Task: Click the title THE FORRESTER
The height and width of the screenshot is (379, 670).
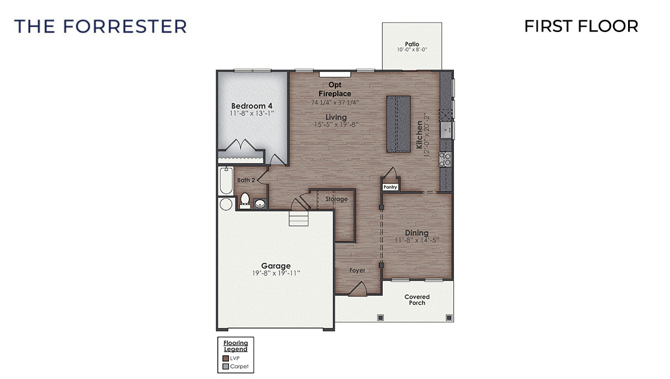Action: tap(100, 26)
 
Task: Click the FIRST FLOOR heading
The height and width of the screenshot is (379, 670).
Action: tap(581, 26)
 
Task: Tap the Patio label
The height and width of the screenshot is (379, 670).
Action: tap(412, 44)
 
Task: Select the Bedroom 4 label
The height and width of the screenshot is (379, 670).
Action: tap(252, 105)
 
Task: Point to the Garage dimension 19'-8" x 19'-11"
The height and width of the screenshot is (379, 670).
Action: tap(276, 273)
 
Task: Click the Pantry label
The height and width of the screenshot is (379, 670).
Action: tap(390, 187)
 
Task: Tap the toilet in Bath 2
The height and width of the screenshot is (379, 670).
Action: tap(245, 200)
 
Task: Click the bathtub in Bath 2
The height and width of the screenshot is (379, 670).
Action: tap(225, 181)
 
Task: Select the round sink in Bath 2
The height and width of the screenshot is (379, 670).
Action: tap(260, 203)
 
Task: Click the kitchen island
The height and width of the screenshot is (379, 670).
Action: tap(399, 123)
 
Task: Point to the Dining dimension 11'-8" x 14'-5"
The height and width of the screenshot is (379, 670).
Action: tap(417, 240)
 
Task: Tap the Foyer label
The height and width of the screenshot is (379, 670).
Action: tap(357, 271)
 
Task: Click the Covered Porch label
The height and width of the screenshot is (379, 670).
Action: tap(417, 300)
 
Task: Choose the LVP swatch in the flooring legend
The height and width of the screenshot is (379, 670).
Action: tap(225, 358)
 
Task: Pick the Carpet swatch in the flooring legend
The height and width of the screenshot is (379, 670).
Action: tap(225, 366)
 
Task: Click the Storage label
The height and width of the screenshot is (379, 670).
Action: tap(336, 199)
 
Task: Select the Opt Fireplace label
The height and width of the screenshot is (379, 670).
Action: tap(335, 89)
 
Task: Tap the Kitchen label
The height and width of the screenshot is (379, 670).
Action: tap(419, 135)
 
